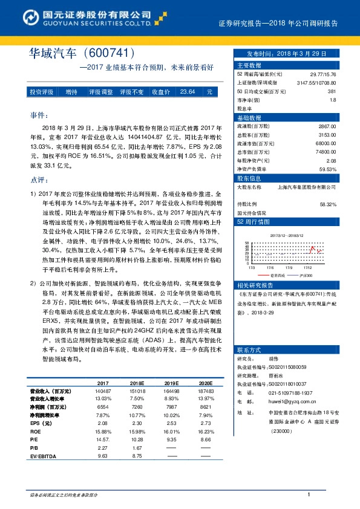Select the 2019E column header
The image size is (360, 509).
pos(172,383)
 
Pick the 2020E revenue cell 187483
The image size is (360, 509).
pos(206,391)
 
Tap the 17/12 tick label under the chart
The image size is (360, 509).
pos(309,267)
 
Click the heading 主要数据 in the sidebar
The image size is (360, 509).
pos(249,65)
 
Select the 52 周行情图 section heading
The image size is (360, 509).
pos(252,222)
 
